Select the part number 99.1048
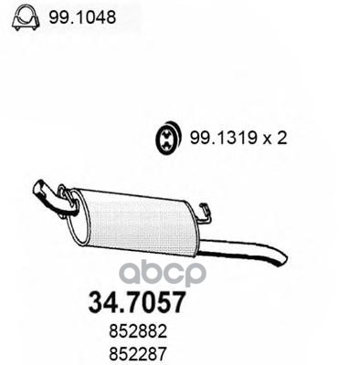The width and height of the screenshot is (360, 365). point(82,17)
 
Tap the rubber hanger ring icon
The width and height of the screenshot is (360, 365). point(167,139)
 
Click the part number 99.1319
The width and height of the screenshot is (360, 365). point(223,139)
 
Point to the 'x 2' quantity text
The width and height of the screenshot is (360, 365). point(275,139)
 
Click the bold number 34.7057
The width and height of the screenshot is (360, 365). point(136,302)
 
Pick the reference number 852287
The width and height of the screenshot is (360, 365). point(138,354)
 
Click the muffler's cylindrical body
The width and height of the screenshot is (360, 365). point(137,222)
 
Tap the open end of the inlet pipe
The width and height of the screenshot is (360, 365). point(37,187)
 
